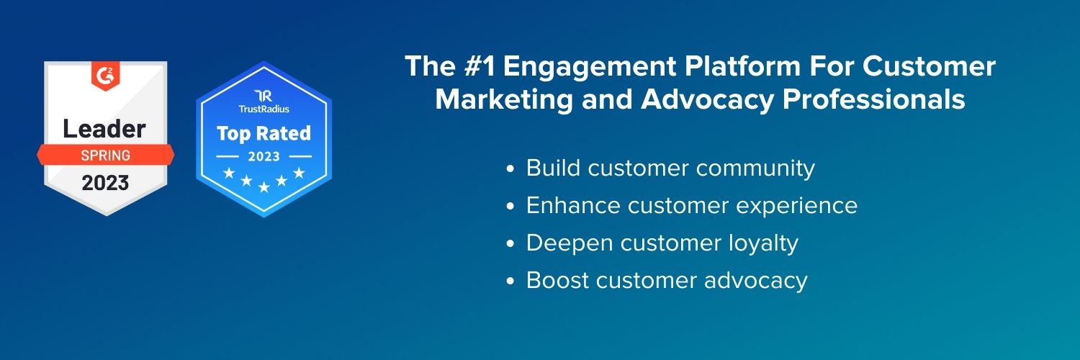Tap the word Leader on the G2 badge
tap(104, 129)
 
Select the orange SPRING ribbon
tap(105, 155)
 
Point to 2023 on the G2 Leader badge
tap(105, 183)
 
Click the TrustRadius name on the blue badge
tap(263, 109)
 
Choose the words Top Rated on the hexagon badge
tap(264, 133)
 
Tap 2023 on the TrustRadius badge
tap(264, 156)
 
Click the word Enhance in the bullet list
tap(572, 206)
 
